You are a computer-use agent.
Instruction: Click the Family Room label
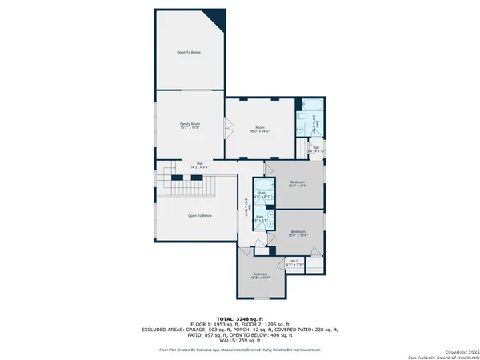[190, 126]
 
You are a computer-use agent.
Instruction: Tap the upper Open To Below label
[189, 52]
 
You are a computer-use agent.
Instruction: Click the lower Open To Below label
[199, 215]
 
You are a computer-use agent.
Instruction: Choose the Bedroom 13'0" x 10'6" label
[298, 234]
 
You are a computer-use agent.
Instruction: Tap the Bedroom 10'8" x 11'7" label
[259, 276]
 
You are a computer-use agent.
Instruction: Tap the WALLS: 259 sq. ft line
[240, 342]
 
